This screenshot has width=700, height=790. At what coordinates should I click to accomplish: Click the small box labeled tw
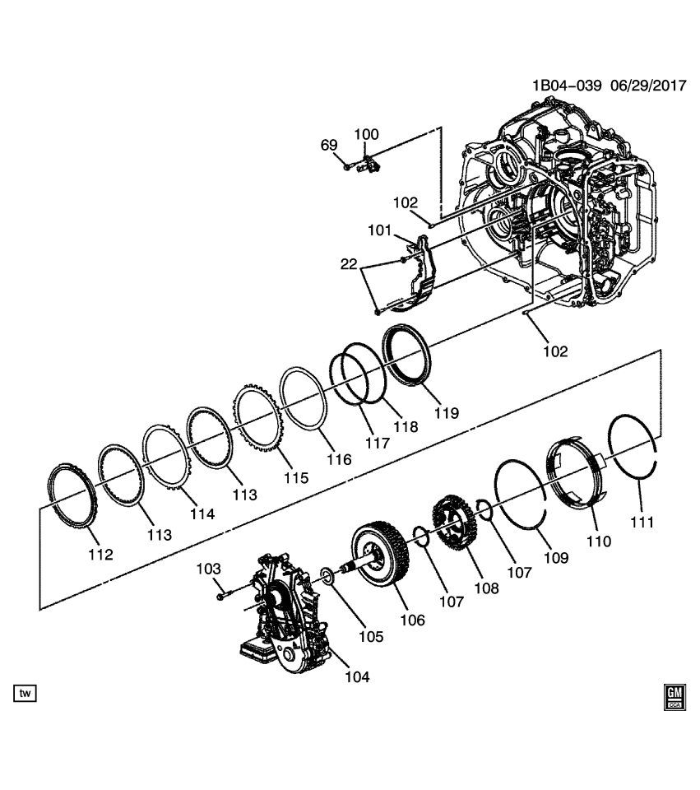click(25, 695)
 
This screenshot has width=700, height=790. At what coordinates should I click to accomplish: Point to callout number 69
click(329, 146)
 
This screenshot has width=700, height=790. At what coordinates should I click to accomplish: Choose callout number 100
click(367, 134)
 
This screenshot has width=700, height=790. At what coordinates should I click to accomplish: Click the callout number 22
click(349, 263)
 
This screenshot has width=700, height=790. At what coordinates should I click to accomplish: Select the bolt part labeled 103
click(223, 592)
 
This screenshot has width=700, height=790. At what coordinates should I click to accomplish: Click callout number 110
click(598, 541)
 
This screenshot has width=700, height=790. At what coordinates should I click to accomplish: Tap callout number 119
click(448, 412)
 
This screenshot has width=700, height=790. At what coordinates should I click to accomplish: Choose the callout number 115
click(296, 477)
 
